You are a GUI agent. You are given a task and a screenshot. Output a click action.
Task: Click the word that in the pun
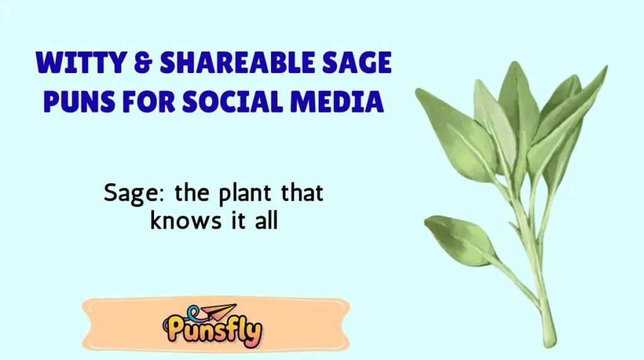coord(301,193)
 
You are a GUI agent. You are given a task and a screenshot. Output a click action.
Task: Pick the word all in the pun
coord(265,221)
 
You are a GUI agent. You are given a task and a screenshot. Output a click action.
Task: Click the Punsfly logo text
coord(214,332)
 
